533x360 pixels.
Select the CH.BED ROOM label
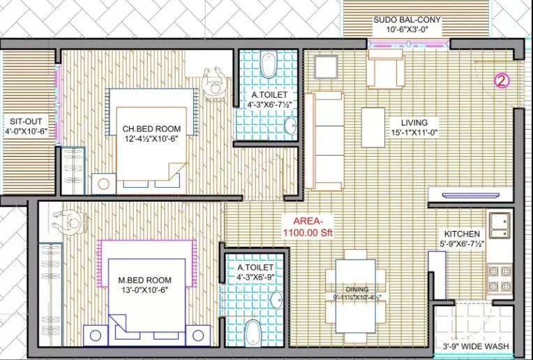pyautogui.click(x=151, y=129)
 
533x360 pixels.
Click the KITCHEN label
pyautogui.click(x=463, y=234)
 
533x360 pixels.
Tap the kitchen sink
pyautogui.click(x=500, y=223)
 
